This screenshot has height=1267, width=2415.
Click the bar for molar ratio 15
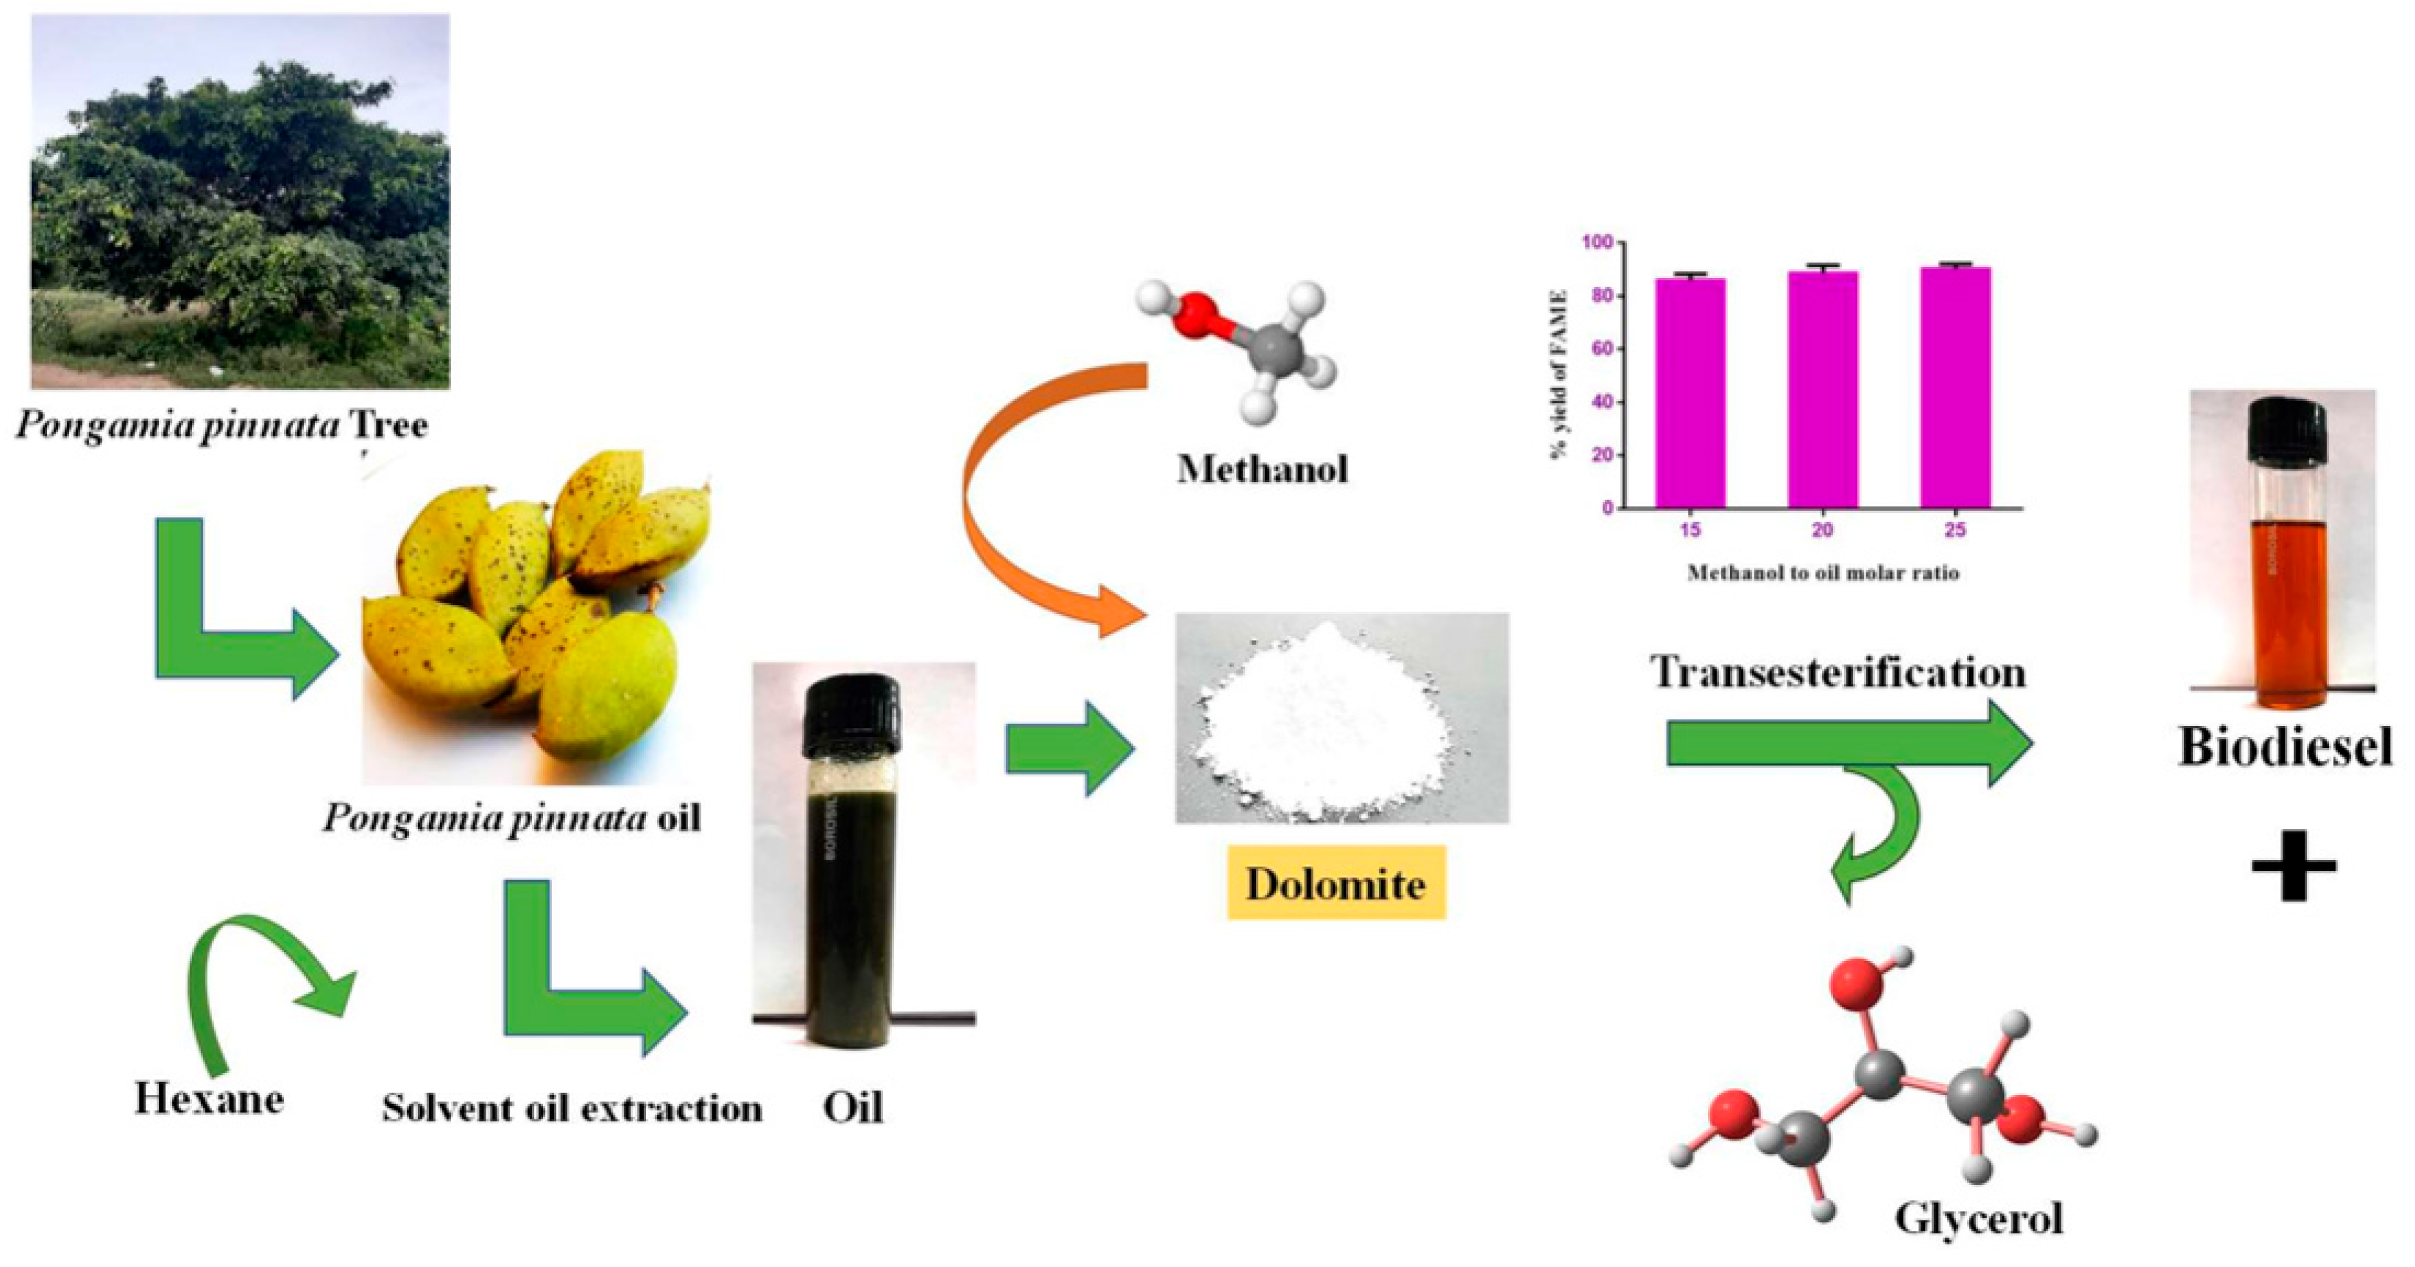click(1690, 394)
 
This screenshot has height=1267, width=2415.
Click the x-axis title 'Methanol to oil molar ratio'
click(1822, 572)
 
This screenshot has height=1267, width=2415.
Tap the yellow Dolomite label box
click(1336, 883)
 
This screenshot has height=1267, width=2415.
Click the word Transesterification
click(1837, 671)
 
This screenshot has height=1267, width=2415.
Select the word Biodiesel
click(2285, 747)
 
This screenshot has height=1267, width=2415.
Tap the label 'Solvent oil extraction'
click(572, 1109)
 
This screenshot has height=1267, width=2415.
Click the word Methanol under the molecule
click(1262, 468)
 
